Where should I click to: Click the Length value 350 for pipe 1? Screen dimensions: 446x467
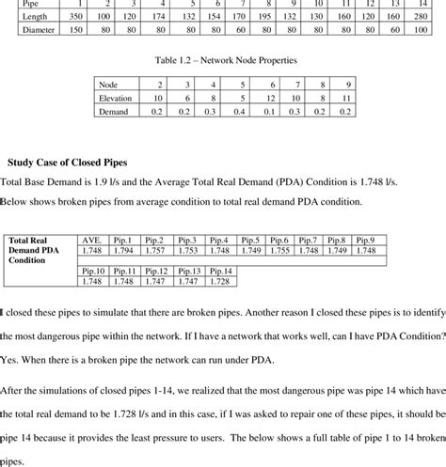[79, 17]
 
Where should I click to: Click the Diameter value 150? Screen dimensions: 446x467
[79, 30]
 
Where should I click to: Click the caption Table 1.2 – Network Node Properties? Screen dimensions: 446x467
[228, 58]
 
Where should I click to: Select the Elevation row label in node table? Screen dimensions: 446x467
[117, 97]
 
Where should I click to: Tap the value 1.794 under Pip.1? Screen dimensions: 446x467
[124, 251]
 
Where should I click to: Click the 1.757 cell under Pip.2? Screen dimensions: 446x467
[155, 251]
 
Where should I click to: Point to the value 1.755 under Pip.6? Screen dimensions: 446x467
[279, 251]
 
